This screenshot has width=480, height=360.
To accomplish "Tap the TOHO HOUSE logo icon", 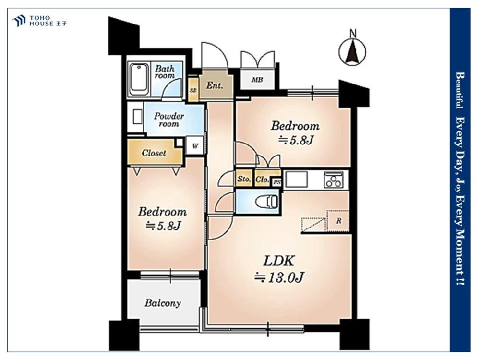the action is point(18,21).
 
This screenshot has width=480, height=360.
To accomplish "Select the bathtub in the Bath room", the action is point(139,79).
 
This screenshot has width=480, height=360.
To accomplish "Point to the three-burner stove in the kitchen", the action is point(334,179).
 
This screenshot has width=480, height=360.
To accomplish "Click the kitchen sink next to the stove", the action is point(296,179).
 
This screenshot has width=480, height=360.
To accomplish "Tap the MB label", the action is point(257,80).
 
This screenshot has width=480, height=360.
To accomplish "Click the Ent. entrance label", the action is point(214,85).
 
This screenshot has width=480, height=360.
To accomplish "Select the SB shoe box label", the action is point(193,90).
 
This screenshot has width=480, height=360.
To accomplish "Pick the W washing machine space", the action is point(195,146).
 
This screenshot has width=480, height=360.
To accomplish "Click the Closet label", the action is point(154,153).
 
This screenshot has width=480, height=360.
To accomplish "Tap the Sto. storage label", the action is point(244,180).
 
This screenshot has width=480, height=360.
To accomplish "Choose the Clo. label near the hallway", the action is point(263,180).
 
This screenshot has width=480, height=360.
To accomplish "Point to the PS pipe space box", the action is point(277,182).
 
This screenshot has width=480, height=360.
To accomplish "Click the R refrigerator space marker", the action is point(338,221).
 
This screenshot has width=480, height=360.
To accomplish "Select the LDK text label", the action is point(279,261).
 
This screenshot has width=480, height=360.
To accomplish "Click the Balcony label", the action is point(163,303).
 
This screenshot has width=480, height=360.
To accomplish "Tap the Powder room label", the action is point(168,120).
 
